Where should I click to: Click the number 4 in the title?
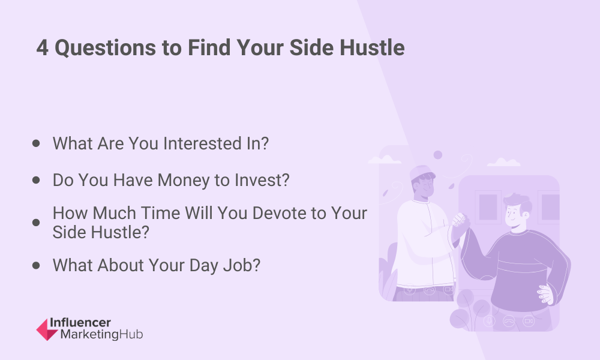point(43,48)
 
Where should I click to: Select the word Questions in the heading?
point(105,48)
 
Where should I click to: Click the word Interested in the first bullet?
point(202,143)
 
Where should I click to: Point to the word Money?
point(184,181)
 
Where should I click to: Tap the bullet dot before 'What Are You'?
point(36,143)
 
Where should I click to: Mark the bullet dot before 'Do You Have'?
point(36,180)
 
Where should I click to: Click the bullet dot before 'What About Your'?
point(36,265)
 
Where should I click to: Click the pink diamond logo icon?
point(47,329)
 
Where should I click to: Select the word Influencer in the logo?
point(80,323)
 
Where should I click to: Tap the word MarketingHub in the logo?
point(102,334)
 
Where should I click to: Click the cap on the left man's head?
point(422,173)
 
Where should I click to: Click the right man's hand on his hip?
point(545,294)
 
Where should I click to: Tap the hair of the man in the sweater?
point(518,203)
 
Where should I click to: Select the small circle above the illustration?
point(438,155)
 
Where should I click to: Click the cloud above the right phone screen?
point(503,162)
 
